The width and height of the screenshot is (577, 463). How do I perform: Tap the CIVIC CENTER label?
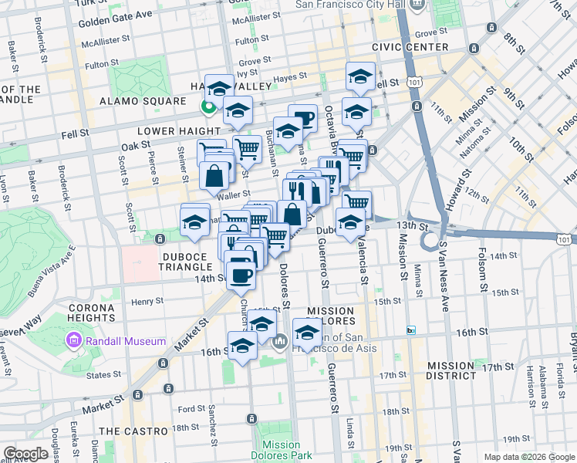pos(410,47)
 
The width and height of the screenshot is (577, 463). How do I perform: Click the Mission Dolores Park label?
pos(281,450)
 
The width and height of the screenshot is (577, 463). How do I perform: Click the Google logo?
pos(26,454)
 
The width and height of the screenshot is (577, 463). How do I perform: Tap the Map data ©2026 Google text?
pos(528,457)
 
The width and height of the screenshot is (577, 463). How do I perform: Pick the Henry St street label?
pos(147,302)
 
